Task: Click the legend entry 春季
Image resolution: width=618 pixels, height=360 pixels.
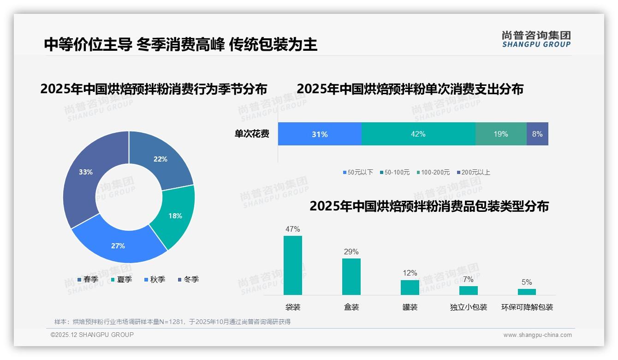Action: coord(88,279)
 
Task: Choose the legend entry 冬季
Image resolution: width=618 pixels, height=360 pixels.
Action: coord(188,279)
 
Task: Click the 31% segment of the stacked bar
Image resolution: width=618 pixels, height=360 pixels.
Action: coord(320,134)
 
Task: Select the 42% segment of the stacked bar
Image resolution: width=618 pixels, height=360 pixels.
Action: coord(418,134)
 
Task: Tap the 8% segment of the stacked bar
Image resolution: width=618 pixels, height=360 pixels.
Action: coord(537,134)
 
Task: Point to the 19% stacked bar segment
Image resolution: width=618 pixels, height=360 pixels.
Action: coord(501,134)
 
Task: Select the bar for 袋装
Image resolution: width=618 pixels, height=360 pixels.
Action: coord(293,265)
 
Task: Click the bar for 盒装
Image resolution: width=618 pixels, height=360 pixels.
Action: coord(351,276)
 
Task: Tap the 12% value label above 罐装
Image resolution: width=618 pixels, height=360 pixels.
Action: coord(410,273)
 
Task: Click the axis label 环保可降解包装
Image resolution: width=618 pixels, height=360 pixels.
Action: coord(527,307)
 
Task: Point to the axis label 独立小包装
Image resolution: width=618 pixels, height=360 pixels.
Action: coord(469,307)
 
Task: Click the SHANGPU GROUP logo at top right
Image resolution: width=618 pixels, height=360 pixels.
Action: coord(536,39)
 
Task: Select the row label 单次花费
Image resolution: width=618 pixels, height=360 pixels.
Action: coord(252,134)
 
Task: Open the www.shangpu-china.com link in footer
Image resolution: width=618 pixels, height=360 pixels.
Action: coord(537,335)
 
